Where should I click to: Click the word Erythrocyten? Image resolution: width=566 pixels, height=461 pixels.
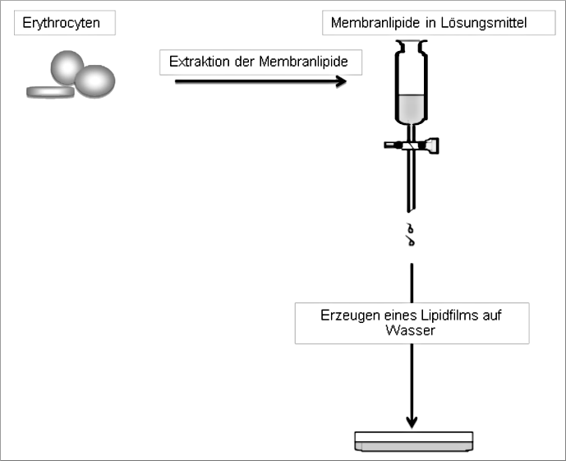point(61,23)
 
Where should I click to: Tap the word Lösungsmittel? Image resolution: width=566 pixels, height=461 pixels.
point(485,23)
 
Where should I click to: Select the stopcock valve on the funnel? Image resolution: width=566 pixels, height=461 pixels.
point(412,146)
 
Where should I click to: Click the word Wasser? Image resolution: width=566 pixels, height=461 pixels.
point(412,331)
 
